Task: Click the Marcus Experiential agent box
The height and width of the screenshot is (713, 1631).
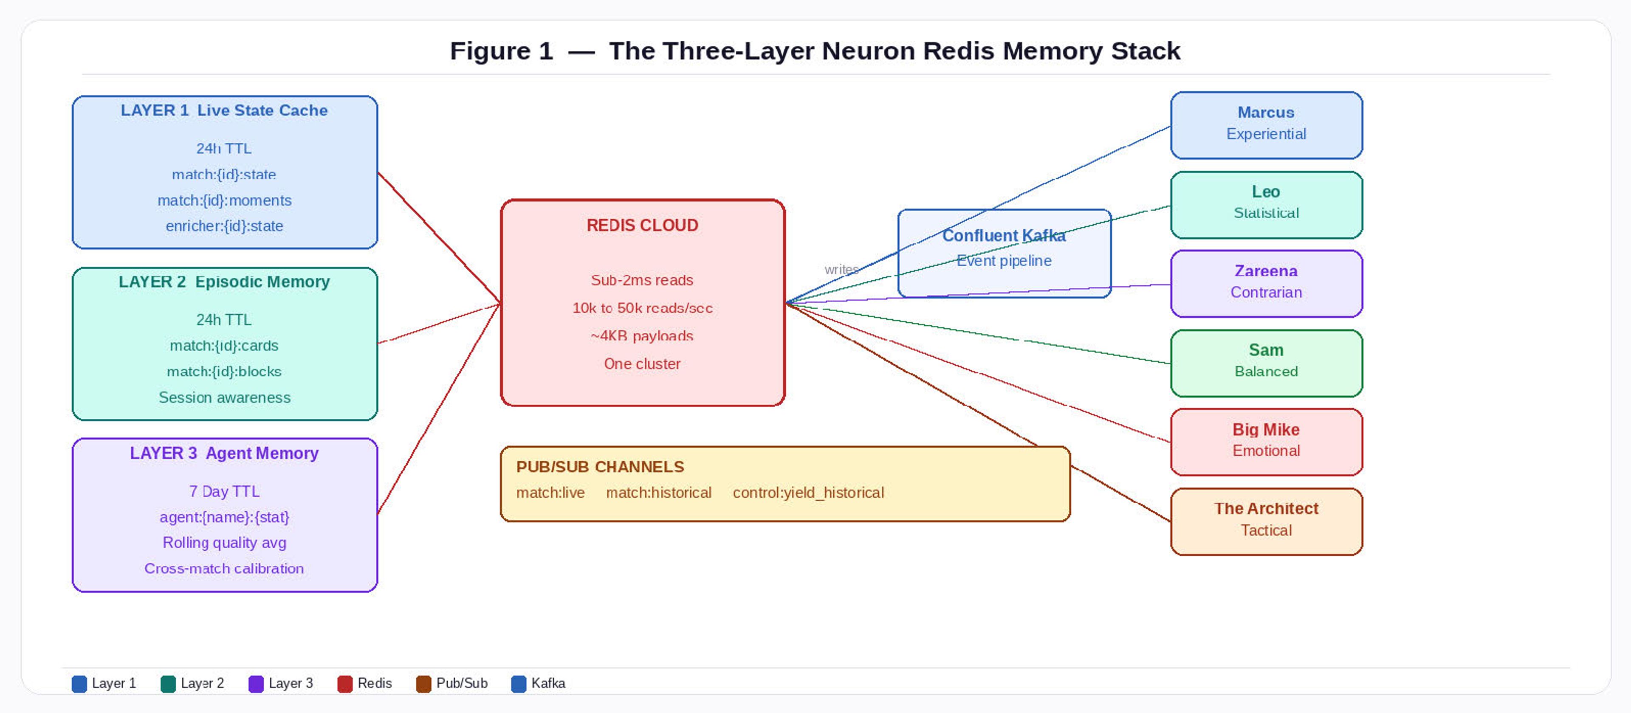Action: point(1266,125)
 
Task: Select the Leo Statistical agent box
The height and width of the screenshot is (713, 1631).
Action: point(1266,204)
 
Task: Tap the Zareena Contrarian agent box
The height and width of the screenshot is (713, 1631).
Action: point(1266,283)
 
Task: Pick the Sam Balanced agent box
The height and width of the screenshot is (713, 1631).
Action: point(1266,362)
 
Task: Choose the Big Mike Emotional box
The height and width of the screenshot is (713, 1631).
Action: point(1266,441)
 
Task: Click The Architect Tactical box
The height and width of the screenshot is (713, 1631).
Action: point(1266,521)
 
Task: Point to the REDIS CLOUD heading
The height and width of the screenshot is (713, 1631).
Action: point(642,225)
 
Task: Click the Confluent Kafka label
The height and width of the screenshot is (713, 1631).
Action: point(1004,236)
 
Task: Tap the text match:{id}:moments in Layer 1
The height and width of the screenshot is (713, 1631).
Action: point(224,200)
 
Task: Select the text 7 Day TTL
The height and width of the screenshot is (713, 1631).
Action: point(224,491)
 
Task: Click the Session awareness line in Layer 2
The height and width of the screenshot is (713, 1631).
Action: point(224,397)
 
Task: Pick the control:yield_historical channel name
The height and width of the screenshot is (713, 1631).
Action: point(808,493)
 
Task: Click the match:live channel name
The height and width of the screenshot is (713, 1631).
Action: point(550,493)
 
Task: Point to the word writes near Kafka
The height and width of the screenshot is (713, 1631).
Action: point(841,269)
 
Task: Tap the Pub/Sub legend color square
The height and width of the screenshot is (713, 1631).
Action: point(423,684)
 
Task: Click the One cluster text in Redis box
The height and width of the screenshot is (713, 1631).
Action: point(642,364)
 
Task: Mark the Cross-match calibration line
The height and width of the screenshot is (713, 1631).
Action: point(224,569)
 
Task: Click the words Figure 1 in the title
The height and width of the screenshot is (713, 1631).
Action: point(502,51)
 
